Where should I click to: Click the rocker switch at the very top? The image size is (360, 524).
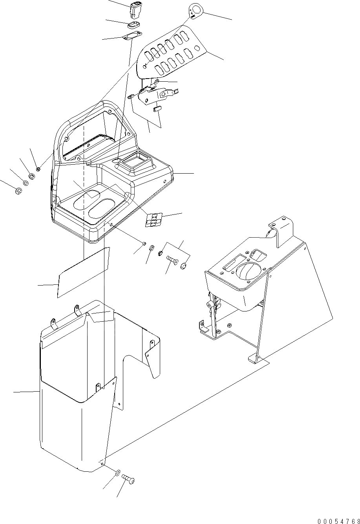tap(135, 10)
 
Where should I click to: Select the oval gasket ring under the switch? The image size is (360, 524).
tap(134, 26)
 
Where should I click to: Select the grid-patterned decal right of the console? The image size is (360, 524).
tap(153, 220)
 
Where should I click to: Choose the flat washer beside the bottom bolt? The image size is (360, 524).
tap(118, 471)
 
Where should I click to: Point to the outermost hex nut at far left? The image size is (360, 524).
tap(18, 191)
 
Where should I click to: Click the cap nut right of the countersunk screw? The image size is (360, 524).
tap(183, 266)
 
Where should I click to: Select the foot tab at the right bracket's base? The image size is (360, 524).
tap(256, 359)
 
